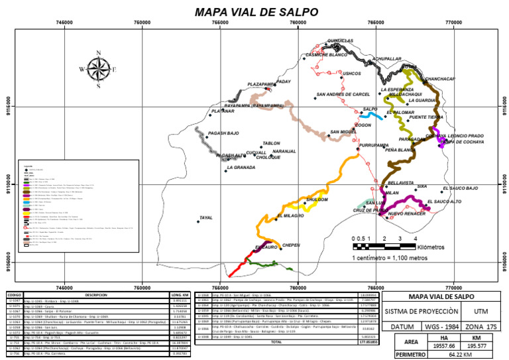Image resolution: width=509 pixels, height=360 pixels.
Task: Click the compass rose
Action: pos(98,68)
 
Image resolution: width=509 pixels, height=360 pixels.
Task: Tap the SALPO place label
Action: pos(370,109)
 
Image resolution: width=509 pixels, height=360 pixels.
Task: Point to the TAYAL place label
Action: pos(205,217)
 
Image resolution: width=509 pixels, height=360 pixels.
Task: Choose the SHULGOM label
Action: pos(317,200)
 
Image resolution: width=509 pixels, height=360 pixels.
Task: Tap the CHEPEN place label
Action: pos(291,245)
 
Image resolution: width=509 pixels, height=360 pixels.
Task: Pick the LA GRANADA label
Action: pos(241,168)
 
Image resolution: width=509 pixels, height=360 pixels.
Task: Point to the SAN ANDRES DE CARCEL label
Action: pos(343,95)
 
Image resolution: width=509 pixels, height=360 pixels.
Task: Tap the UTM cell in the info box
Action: pos(482,310)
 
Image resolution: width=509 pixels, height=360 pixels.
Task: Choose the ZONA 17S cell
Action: pos(481,327)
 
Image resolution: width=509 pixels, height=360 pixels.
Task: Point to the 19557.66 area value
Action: pos(444,345)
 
